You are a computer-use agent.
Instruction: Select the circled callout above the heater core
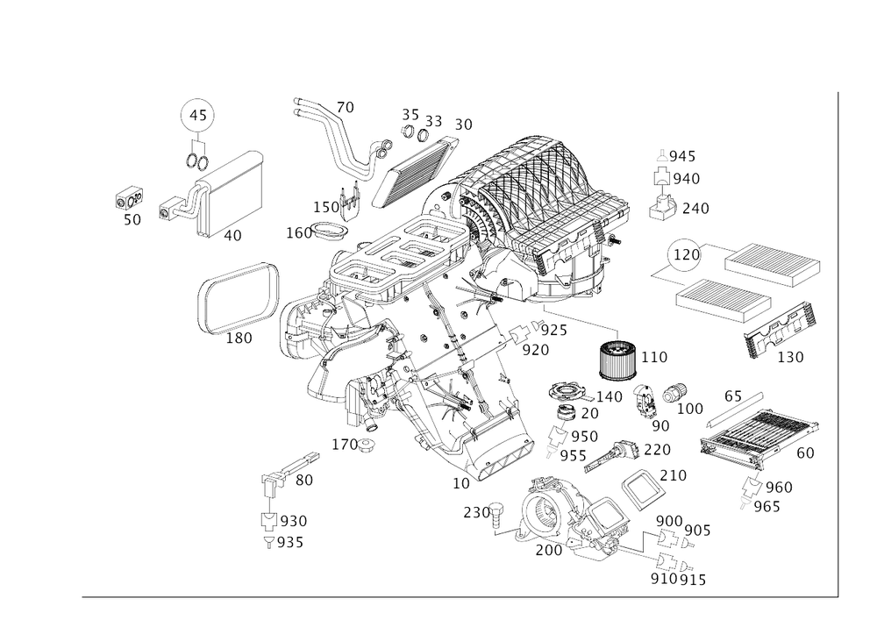(x=198, y=116)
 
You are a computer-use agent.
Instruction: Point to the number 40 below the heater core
(x=232, y=236)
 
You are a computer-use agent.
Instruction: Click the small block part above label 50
(x=129, y=197)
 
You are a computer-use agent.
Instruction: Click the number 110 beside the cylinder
(x=654, y=356)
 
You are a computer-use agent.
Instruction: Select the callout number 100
(x=691, y=409)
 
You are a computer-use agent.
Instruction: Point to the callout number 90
(x=660, y=425)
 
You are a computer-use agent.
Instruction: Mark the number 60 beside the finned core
(x=804, y=453)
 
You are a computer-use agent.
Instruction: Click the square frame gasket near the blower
(x=641, y=488)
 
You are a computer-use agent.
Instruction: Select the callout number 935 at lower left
(x=290, y=543)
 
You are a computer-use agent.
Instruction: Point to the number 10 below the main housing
(x=460, y=482)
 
